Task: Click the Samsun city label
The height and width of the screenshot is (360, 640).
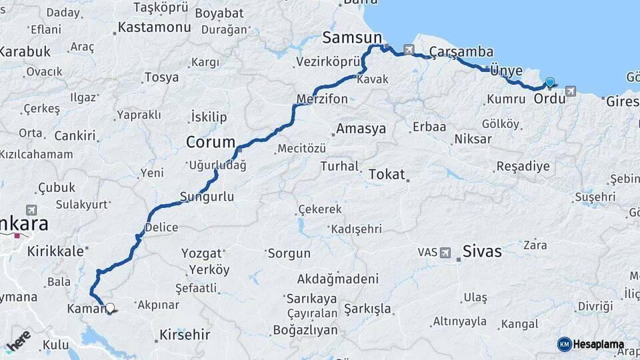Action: coord(352,37)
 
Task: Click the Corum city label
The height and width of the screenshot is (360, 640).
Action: coord(211,142)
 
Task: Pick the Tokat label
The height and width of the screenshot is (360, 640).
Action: coord(387,174)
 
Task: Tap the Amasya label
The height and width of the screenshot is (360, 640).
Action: coord(361,129)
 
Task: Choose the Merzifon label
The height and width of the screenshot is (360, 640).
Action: coord(322,99)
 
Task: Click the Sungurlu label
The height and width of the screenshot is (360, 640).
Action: coord(207,197)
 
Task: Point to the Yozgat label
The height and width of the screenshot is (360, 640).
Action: coord(201,253)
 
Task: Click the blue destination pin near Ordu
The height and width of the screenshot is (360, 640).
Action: coord(549,83)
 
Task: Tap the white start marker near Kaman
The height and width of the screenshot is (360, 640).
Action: coord(110,308)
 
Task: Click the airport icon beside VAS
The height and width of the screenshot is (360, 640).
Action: coord(445,253)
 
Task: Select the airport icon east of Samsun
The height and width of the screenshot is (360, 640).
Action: coord(408,49)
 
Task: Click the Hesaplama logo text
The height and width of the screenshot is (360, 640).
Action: coord(597,345)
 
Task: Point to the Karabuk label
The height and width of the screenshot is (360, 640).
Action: coord(24,51)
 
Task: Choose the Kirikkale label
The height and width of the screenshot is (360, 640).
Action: coord(56,251)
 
